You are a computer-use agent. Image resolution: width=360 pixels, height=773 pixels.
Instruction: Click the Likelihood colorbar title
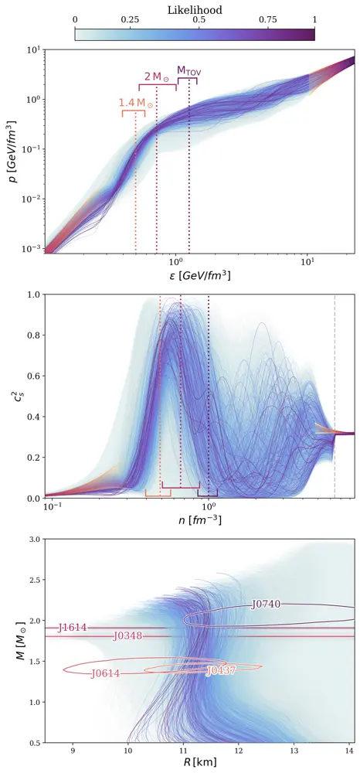[x=195, y=9]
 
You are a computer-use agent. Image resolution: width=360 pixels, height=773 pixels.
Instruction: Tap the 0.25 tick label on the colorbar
[x=130, y=20]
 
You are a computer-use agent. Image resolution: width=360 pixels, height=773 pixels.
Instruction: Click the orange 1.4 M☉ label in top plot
[x=136, y=104]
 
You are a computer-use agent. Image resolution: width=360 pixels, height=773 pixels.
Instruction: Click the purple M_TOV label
[x=189, y=70]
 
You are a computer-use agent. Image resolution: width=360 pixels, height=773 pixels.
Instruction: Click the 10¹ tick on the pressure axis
[x=36, y=49]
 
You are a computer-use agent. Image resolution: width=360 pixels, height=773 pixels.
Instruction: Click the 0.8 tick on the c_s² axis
[x=34, y=335]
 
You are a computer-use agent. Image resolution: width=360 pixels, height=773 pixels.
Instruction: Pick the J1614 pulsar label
[x=73, y=628]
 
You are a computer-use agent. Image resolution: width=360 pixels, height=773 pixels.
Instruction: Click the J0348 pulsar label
[x=127, y=636]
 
